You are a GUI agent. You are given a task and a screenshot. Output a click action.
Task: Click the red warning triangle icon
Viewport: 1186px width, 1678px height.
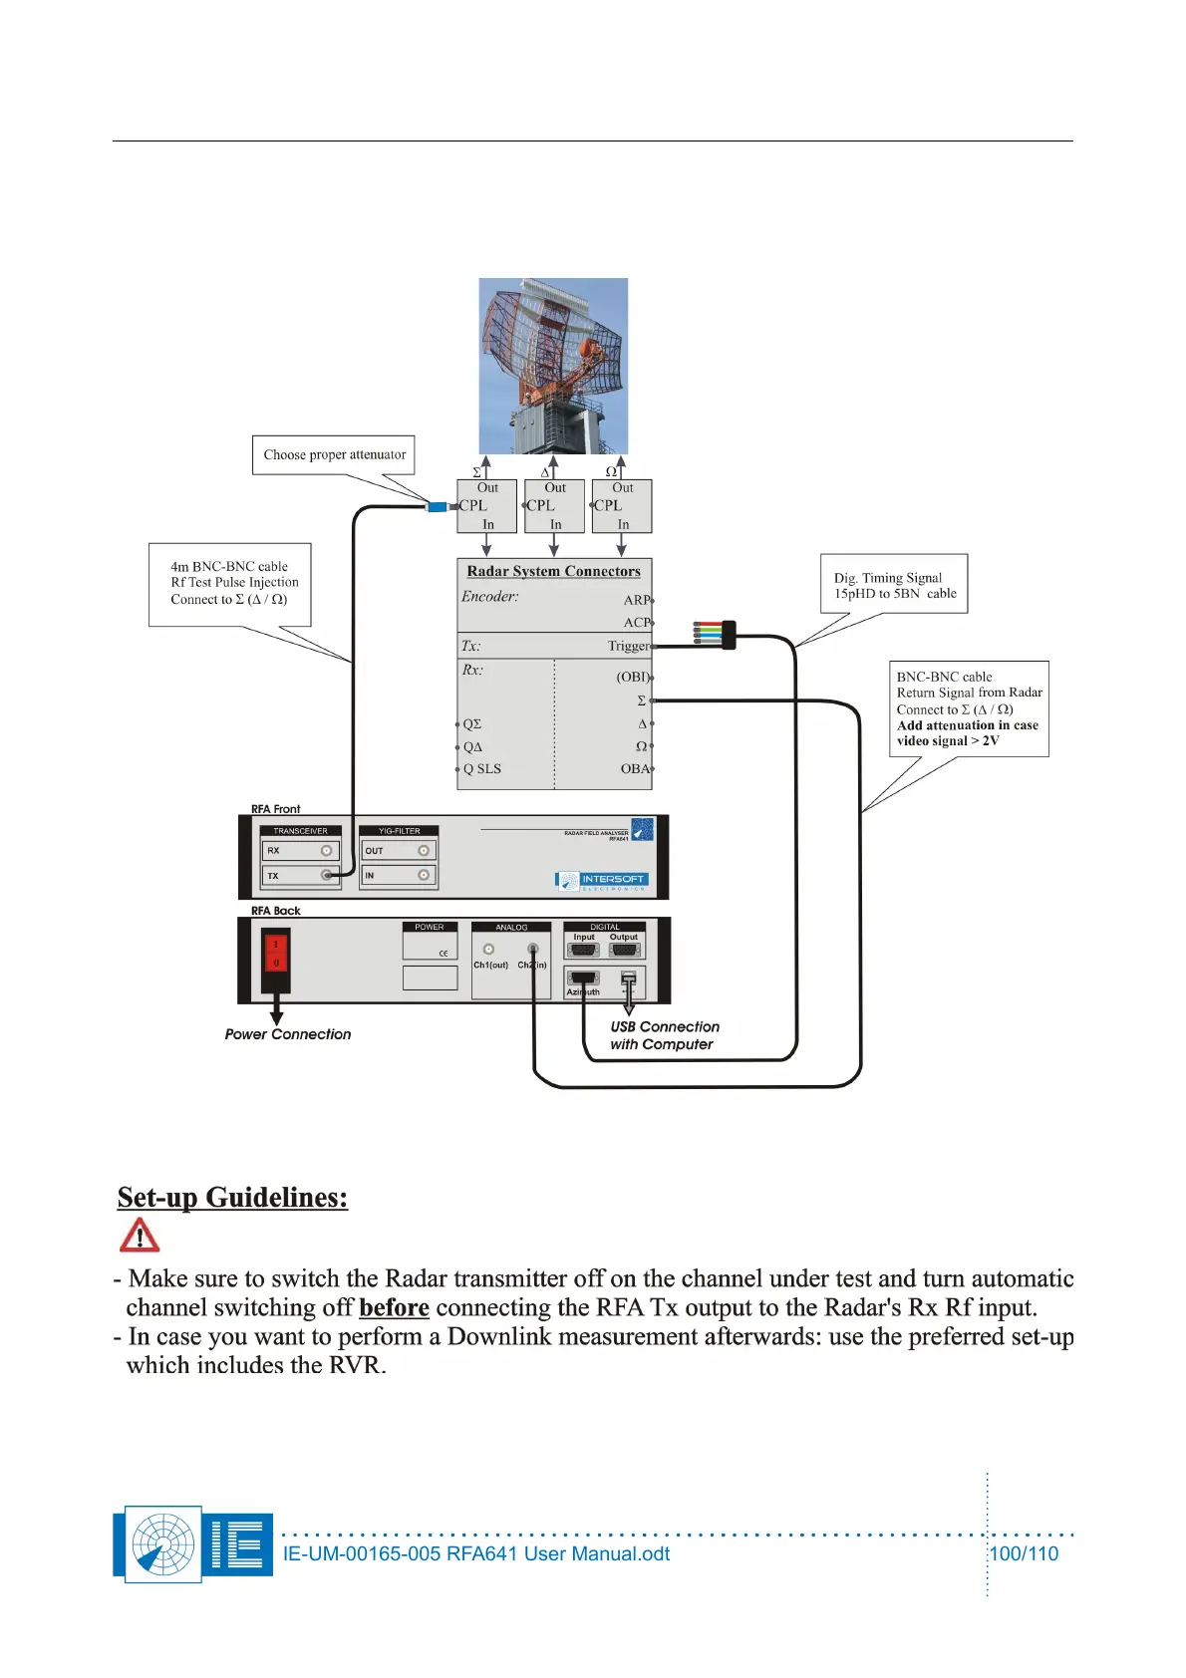(x=140, y=1236)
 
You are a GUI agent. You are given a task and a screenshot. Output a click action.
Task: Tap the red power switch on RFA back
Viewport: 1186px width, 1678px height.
(x=276, y=954)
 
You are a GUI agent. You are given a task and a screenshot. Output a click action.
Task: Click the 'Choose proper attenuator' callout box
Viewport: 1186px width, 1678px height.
(x=334, y=454)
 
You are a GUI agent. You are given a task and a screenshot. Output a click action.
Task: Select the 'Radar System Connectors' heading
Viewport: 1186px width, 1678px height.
(x=553, y=571)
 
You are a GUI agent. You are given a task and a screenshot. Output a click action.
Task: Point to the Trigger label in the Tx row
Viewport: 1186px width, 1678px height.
(x=628, y=646)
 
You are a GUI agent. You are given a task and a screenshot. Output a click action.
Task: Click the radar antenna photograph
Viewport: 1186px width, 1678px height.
(x=553, y=366)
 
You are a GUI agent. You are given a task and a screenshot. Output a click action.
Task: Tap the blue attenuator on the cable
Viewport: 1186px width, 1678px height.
(x=437, y=507)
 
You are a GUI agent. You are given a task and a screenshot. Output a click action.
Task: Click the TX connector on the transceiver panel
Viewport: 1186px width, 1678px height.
(x=326, y=875)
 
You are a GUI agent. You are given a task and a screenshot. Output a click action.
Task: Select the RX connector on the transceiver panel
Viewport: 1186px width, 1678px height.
(x=326, y=851)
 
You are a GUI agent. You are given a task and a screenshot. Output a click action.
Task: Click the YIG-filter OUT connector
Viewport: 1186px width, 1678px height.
(x=424, y=851)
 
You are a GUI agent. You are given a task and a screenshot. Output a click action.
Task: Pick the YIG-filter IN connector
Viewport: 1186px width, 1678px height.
(x=424, y=875)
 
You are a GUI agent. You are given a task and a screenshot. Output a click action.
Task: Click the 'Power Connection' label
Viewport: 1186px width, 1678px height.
(x=288, y=1034)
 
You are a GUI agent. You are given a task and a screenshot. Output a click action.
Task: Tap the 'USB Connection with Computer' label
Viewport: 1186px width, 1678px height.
(x=664, y=1035)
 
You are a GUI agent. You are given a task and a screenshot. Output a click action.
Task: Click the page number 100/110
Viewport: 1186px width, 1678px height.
(x=1024, y=1553)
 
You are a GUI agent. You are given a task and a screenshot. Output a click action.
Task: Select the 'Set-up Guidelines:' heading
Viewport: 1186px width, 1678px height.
(x=232, y=1197)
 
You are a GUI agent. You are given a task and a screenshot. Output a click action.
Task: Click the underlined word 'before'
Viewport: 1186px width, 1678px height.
(x=394, y=1307)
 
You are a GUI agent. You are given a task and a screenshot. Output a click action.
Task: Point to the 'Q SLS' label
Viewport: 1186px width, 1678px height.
(x=482, y=768)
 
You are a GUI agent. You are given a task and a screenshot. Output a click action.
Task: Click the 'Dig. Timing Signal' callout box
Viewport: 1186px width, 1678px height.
(x=894, y=584)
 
